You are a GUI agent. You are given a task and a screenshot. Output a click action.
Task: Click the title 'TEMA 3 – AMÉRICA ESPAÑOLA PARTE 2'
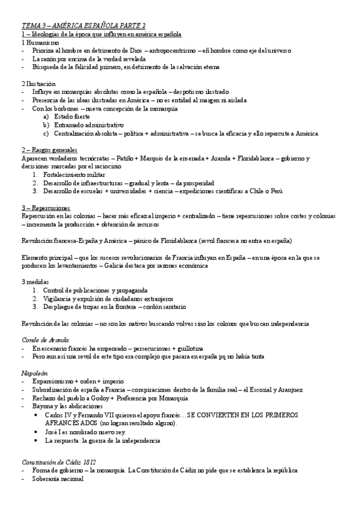point(84,25)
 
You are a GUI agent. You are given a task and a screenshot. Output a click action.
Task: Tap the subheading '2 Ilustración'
point(38,84)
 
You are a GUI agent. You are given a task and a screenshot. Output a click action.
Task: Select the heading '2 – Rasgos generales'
point(49,149)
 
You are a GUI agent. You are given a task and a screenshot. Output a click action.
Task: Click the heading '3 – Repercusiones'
point(46,207)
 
